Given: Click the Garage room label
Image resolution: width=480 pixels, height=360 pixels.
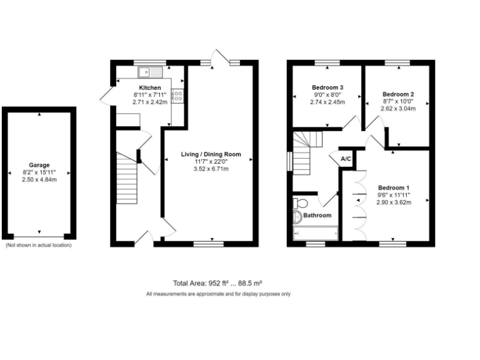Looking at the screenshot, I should [39, 166].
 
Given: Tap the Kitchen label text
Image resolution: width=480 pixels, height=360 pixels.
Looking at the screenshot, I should [150, 87].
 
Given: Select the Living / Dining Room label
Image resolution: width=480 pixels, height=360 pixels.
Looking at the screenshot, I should [211, 154].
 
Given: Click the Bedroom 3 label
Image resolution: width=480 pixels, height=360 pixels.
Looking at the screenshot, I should [327, 87].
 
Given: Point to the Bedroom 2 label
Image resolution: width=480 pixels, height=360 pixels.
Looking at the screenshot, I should [398, 94].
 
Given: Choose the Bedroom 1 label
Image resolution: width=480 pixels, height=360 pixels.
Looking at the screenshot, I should [394, 188].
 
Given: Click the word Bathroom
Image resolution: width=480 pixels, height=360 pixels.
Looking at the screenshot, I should [317, 216].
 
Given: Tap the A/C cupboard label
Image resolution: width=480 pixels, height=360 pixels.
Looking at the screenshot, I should [346, 159].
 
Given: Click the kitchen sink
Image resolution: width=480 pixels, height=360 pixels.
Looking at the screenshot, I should [150, 71].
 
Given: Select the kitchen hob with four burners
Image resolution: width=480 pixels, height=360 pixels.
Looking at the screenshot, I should [177, 96].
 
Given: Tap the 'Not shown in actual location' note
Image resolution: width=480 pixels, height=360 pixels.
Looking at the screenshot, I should [39, 246].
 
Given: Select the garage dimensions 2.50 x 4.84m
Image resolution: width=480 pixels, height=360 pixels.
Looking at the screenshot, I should [39, 180].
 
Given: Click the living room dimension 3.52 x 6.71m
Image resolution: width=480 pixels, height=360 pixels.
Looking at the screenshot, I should [211, 169].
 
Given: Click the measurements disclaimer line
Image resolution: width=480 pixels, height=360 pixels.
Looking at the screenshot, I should [217, 294].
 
